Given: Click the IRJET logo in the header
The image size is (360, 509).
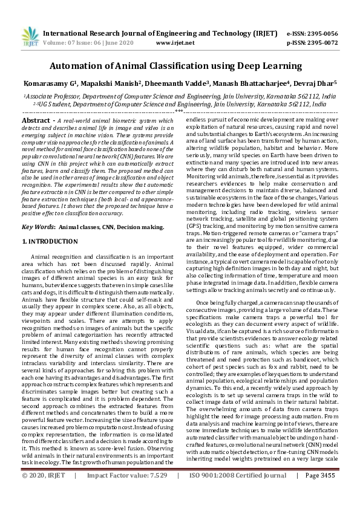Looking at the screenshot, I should click(28, 37).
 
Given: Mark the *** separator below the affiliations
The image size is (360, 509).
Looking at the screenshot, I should click(179, 111).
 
